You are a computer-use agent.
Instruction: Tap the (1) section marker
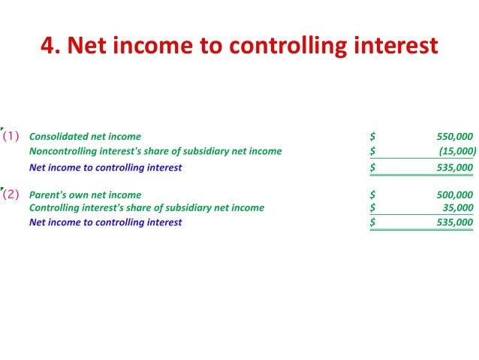(x=11, y=137)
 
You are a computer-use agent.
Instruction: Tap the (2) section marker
(x=11, y=194)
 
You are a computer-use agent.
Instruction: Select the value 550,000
(x=454, y=137)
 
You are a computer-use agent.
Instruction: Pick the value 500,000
(x=454, y=195)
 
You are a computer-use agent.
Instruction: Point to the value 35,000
(x=458, y=208)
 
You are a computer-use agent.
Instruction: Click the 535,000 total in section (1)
(x=454, y=168)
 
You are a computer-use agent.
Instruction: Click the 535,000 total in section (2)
(x=454, y=222)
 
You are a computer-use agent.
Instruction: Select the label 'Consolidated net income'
(x=85, y=137)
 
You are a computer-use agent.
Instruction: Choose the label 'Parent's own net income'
(x=85, y=195)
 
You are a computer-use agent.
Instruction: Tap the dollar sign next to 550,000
(x=372, y=137)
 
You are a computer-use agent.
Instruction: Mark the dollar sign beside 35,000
(x=372, y=208)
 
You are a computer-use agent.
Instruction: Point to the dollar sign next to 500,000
(x=372, y=195)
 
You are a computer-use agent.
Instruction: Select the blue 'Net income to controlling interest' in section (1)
(x=105, y=168)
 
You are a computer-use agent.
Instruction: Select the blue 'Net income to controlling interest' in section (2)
(x=105, y=222)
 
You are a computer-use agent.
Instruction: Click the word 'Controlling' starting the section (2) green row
(x=54, y=208)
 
